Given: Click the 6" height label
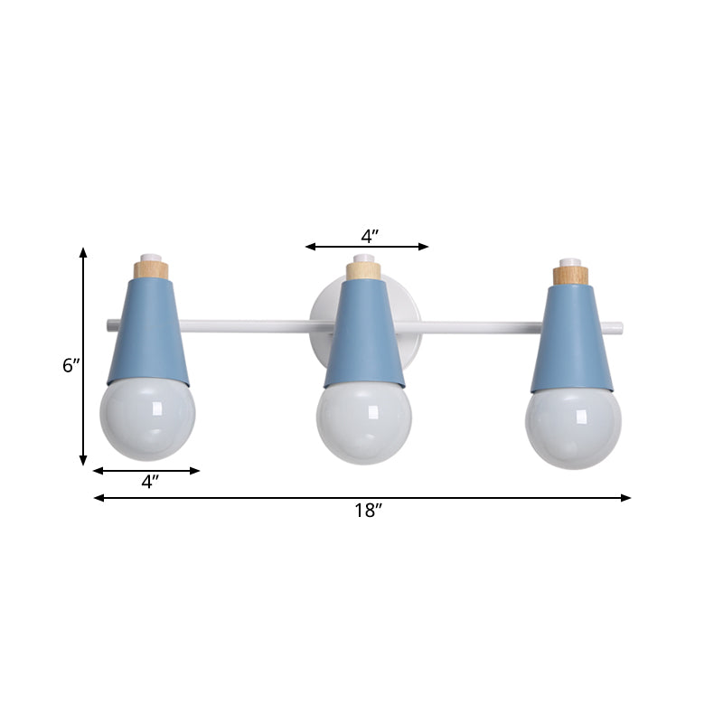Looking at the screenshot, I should point(71,366).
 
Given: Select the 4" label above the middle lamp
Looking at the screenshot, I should point(369,236).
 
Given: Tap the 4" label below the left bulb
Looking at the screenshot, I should point(151,482).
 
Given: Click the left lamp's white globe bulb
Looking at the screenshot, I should point(147,419).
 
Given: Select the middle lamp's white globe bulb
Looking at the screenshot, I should point(363,422).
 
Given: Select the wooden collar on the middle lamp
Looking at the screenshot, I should point(363,270).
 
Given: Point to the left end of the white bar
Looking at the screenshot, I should point(109,322).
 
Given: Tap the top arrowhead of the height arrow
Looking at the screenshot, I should point(83,253).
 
